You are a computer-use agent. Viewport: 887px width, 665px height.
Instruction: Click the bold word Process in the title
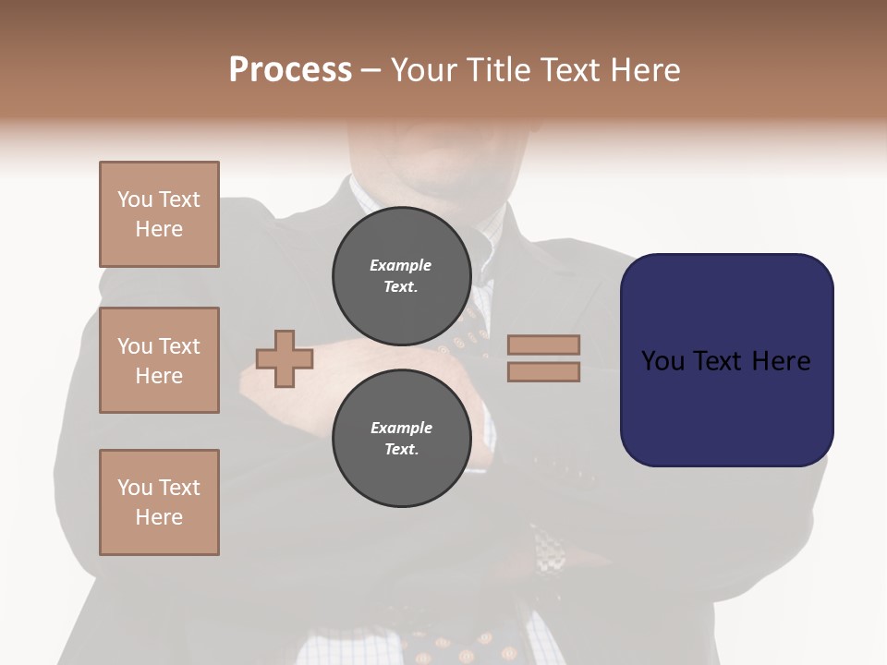(x=290, y=70)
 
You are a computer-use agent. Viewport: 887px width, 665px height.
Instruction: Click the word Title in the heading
(x=497, y=70)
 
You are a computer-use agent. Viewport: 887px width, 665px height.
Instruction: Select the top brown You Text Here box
(x=159, y=214)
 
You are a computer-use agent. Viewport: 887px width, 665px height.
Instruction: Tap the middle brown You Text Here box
(x=159, y=360)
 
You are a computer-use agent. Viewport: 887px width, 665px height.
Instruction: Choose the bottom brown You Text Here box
(x=159, y=502)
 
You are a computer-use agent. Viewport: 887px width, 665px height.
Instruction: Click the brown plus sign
(x=285, y=358)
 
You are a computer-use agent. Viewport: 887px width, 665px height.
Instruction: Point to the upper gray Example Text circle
(x=401, y=276)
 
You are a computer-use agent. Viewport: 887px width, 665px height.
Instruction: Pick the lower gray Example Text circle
(x=401, y=439)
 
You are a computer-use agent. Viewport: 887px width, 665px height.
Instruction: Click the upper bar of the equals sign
(x=544, y=345)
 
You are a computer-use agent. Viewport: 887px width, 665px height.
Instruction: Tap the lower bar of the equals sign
(x=544, y=371)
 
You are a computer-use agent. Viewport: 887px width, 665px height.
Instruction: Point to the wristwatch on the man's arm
(x=549, y=554)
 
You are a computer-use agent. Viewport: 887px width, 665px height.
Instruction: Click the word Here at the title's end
(x=647, y=70)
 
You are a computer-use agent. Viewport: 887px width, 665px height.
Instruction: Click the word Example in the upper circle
(x=401, y=265)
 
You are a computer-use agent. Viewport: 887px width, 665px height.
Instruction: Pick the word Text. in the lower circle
(x=401, y=450)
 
